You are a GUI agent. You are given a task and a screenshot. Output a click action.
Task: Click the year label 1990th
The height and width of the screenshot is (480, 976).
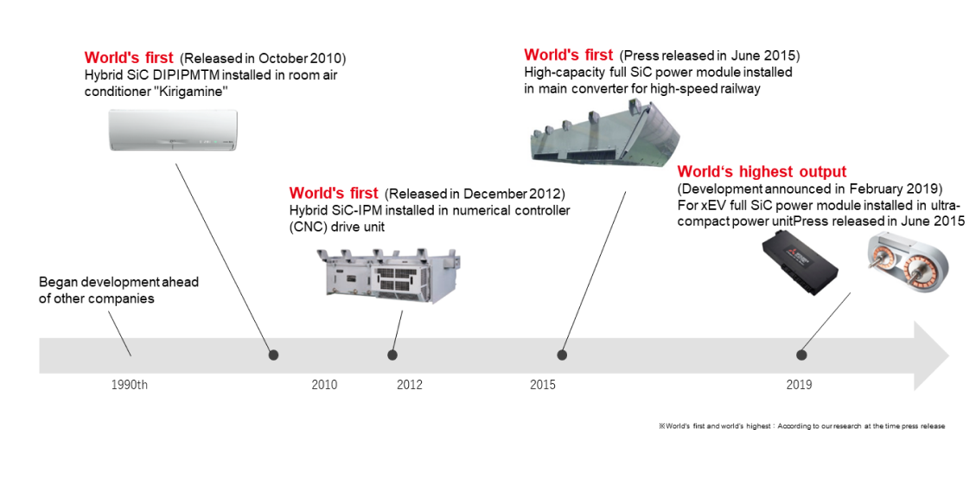pos(130,385)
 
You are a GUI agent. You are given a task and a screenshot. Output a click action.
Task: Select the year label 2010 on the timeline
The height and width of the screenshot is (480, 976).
pos(324,385)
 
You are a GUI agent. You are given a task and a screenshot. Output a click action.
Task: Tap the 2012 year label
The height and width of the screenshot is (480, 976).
pos(410,385)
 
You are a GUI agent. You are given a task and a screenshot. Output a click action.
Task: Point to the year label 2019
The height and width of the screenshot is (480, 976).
pos(800,385)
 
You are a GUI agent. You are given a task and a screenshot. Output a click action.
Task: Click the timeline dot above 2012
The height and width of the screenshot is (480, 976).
pos(392,355)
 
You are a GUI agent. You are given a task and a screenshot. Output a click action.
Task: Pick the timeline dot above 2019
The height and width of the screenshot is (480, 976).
pos(801,355)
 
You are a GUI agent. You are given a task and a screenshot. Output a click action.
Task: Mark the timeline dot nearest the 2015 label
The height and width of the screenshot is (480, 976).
pos(562,355)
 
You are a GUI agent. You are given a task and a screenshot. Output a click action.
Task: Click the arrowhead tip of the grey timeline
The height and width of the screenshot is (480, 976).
pos(949,356)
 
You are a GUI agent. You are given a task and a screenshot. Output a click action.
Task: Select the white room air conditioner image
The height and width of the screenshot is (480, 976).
pos(174,130)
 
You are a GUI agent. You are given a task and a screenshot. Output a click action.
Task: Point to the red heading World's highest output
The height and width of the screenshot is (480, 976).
pos(762,171)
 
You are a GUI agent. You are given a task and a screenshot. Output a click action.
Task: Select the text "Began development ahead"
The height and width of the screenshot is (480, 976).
pos(118,282)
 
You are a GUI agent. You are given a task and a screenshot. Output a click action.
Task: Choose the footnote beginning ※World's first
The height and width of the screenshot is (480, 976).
pos(801,426)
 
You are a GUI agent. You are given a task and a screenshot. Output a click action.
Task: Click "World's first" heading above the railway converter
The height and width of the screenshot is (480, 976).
pos(568,54)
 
